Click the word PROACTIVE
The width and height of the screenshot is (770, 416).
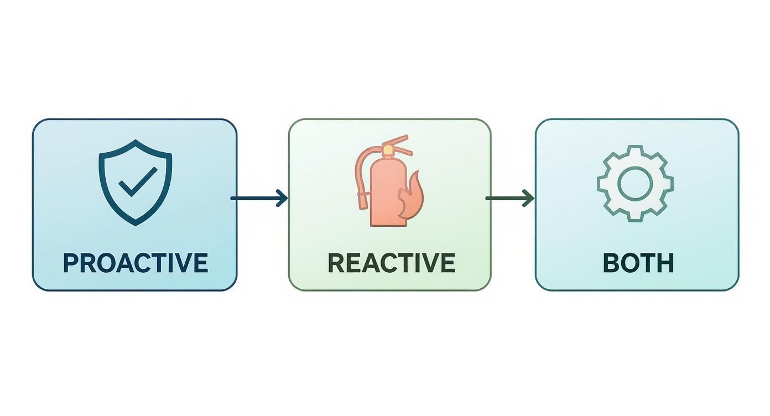point(136,263)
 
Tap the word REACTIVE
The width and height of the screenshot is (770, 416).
point(392,263)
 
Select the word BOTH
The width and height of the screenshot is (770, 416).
point(638,263)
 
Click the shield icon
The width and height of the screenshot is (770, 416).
point(136,183)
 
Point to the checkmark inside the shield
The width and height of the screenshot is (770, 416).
point(138,182)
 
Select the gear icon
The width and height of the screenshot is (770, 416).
point(635,183)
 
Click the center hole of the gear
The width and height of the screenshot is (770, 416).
point(635,183)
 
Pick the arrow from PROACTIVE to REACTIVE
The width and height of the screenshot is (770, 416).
point(259,198)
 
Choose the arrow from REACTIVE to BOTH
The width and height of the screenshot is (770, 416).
point(510,198)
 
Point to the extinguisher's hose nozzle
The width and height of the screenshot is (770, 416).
point(363,201)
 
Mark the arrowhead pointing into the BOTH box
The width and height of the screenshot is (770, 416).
point(529,198)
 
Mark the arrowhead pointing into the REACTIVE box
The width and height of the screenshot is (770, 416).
point(282,198)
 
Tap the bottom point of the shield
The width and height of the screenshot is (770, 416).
point(136,226)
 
